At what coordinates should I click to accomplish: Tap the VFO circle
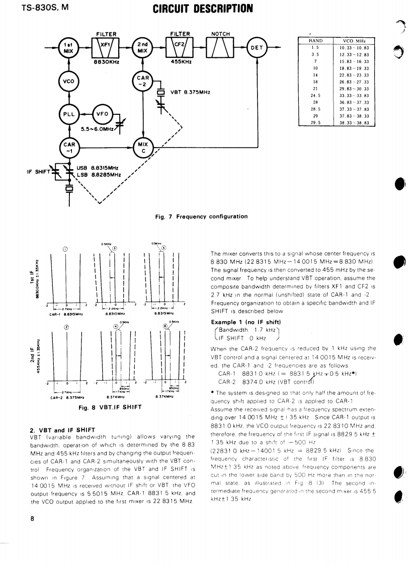(105, 114)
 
